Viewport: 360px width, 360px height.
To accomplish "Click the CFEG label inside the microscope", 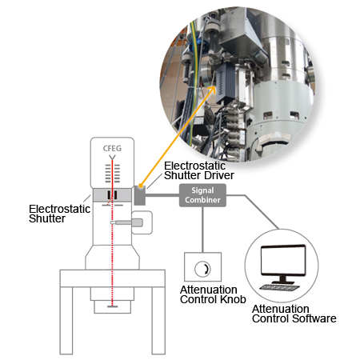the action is (x=112, y=148).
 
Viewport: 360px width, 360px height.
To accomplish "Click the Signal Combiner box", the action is (x=202, y=195).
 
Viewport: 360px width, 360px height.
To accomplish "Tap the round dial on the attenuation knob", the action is (x=202, y=268).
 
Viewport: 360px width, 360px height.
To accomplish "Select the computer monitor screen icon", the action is (x=283, y=261).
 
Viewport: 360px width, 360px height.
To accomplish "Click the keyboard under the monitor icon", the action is (x=279, y=288).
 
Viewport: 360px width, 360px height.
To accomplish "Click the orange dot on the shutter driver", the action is (x=140, y=185).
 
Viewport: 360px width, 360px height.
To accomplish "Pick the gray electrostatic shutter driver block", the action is (x=139, y=195).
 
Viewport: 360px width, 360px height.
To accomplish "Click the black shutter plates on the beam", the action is (x=112, y=195).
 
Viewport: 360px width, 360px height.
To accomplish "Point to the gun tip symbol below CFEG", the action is (x=112, y=157).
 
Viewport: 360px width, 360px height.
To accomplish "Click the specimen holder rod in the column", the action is (x=126, y=222).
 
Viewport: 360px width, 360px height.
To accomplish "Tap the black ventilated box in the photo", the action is (x=226, y=82).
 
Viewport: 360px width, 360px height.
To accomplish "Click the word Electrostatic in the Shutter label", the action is (x=60, y=209).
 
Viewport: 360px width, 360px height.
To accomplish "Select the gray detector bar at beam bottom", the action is (x=112, y=306).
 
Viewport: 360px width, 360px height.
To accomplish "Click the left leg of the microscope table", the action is (x=66, y=321).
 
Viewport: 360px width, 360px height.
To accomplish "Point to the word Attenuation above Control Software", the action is (x=281, y=309).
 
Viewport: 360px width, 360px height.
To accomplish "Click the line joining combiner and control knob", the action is (x=202, y=230).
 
